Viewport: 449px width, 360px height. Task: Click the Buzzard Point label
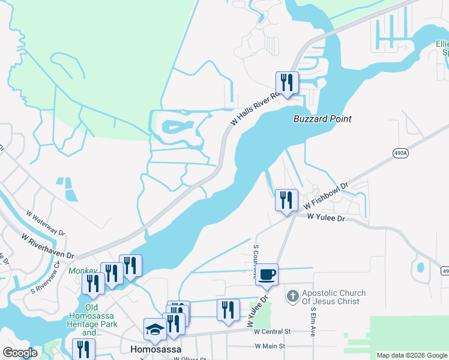(x=322, y=119)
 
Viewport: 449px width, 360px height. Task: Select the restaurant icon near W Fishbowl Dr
(x=286, y=200)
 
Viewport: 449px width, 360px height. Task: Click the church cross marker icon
(x=292, y=296)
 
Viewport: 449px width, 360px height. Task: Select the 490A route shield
(x=401, y=153)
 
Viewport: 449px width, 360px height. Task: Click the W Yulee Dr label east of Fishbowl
(x=327, y=219)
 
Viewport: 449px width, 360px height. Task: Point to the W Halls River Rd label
(x=255, y=108)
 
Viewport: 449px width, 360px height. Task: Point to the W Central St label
(x=272, y=331)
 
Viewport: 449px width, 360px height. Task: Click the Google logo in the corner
(x=19, y=353)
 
